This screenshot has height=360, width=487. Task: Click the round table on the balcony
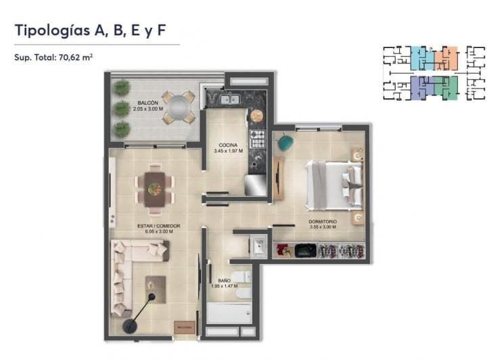pyautogui.click(x=178, y=107)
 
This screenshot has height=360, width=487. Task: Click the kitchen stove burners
pyautogui.click(x=257, y=139)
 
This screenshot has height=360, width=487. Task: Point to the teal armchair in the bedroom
pyautogui.click(x=285, y=143)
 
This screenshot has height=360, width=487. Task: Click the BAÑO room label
pyautogui.click(x=224, y=279)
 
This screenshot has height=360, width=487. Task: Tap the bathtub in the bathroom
pyautogui.click(x=229, y=313)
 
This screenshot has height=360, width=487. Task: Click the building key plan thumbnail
pyautogui.click(x=434, y=72)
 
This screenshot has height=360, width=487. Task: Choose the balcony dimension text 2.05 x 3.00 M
pyautogui.click(x=149, y=109)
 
